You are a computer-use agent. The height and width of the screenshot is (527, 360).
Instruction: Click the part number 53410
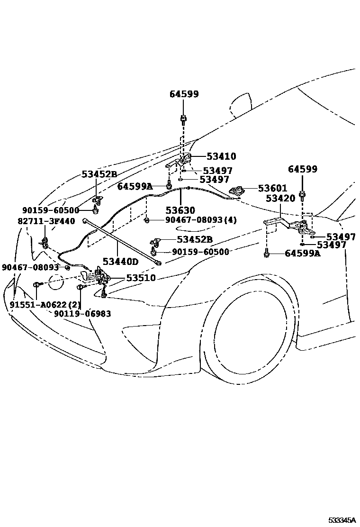point(221,156)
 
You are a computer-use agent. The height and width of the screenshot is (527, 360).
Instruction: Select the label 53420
point(281,199)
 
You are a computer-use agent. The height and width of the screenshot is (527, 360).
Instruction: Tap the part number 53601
point(272,189)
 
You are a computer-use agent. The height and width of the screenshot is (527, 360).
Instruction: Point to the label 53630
point(180,209)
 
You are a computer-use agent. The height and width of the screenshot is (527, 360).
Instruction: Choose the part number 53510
point(140,278)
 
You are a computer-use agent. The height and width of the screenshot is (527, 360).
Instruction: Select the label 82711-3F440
point(41,220)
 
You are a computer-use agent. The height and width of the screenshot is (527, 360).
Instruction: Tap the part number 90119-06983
point(82,314)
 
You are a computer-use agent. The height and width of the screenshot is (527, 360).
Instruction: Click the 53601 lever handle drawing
point(237,191)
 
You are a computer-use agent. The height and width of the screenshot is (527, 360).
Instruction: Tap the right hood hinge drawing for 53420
point(289,225)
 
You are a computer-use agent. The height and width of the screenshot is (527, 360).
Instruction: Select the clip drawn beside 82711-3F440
point(44,243)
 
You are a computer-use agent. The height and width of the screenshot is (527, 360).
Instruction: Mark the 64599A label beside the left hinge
point(135,186)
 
